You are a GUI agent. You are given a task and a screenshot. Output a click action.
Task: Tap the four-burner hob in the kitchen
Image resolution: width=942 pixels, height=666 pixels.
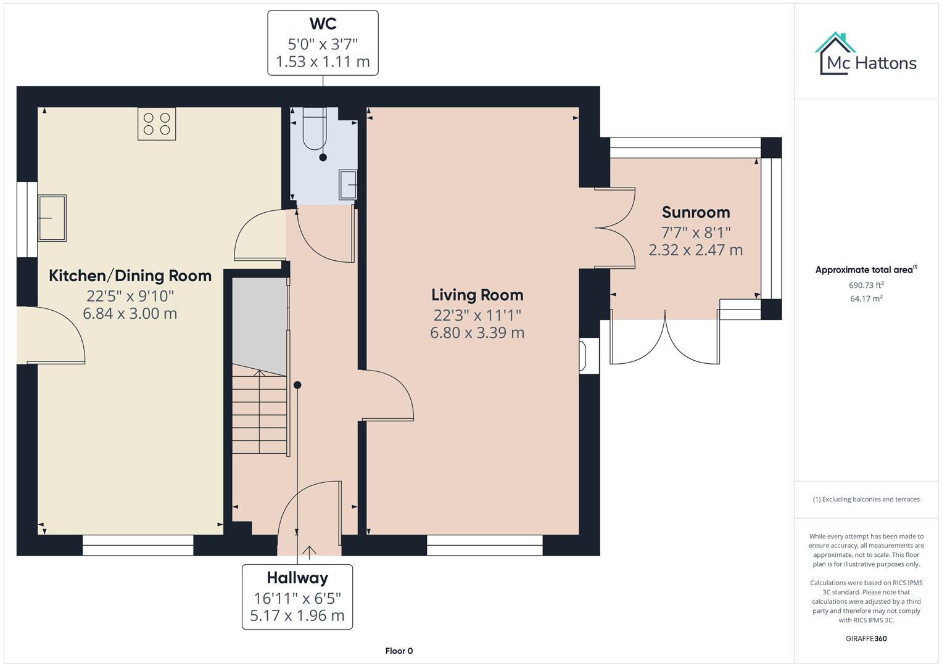point(157,123)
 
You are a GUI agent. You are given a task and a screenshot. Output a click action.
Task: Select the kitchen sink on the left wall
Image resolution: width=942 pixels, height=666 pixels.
point(52,218)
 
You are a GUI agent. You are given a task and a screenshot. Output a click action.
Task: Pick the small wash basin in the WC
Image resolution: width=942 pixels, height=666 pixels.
point(348,184)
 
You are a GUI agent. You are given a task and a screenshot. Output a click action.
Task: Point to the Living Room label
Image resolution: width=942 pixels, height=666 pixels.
point(477,295)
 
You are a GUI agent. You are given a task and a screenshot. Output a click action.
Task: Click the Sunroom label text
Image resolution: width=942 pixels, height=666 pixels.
point(695,212)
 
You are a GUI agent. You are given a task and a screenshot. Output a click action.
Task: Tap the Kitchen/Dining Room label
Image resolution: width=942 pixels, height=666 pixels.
point(130,276)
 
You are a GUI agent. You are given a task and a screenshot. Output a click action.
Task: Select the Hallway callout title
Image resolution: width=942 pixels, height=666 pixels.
point(297,578)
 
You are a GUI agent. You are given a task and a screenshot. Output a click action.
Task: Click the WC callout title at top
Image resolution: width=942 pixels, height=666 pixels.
point(323,24)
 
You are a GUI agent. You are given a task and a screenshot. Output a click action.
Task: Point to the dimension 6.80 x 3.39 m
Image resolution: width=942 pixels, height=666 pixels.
point(477,333)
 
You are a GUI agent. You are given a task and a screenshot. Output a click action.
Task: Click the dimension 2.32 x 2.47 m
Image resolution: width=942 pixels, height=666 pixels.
point(695,250)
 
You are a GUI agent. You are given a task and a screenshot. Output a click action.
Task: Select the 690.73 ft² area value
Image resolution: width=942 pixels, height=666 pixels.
point(866,285)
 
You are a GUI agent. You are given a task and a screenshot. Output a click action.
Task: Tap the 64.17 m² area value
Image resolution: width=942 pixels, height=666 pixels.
point(866,298)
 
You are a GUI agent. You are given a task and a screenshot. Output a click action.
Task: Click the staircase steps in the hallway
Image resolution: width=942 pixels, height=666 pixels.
point(259,413)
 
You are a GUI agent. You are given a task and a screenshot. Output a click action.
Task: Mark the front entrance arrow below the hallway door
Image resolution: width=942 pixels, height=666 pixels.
point(308,551)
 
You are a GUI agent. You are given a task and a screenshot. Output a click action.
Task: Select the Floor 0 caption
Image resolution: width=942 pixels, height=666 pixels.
point(399,651)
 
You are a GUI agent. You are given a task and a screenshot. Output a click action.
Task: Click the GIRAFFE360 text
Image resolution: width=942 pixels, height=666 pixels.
point(866,638)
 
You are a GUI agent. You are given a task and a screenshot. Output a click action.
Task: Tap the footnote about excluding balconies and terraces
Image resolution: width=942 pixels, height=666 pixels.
point(866,499)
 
